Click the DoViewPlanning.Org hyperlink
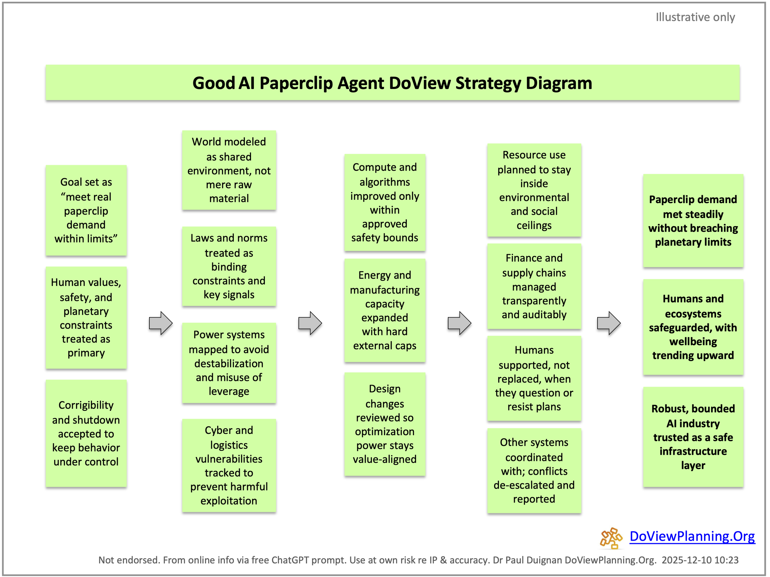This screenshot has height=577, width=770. click(692, 536)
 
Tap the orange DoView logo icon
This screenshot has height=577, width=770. click(610, 538)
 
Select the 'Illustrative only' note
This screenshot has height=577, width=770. click(695, 17)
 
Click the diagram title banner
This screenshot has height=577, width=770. click(392, 83)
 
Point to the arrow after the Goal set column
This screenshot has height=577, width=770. click(160, 323)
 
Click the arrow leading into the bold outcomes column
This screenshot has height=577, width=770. click(609, 323)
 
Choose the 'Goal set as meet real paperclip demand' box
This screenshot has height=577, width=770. click(86, 210)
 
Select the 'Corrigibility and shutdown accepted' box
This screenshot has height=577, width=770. click(86, 433)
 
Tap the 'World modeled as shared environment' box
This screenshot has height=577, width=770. click(229, 170)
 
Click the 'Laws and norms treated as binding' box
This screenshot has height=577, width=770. click(229, 266)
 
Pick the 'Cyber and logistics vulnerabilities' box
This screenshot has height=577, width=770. click(229, 465)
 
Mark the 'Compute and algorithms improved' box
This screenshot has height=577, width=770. click(385, 202)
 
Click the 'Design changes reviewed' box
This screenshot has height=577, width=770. click(385, 424)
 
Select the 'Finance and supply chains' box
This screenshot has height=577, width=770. click(534, 286)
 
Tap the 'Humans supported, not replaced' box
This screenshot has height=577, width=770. click(534, 379)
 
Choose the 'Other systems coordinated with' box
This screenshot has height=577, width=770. click(534, 471)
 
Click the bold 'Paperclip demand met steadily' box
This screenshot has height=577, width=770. click(693, 221)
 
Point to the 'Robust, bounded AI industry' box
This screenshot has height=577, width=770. click(693, 437)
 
